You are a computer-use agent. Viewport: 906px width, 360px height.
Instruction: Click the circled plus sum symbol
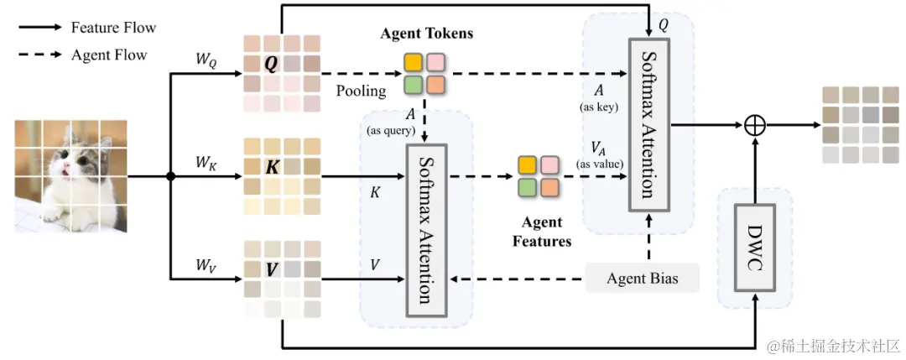(x=755, y=125)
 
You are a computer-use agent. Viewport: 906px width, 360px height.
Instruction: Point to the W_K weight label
(x=206, y=162)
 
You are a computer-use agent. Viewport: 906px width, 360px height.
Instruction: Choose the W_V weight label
(x=206, y=266)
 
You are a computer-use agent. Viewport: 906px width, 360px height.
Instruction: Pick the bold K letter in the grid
(x=272, y=167)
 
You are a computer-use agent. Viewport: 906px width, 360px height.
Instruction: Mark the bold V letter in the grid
(x=272, y=269)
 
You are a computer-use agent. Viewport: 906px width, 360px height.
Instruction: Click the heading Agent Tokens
(x=426, y=34)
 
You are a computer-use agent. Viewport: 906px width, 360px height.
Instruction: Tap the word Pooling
(x=361, y=91)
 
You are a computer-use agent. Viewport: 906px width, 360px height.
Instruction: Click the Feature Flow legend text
(x=113, y=27)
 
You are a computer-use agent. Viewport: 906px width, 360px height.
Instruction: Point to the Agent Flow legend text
(x=109, y=55)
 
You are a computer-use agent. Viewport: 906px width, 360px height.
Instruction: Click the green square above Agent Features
(x=528, y=186)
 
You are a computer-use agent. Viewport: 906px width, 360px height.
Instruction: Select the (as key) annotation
(x=599, y=108)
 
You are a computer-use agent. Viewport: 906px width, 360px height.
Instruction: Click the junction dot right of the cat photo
(x=170, y=177)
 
